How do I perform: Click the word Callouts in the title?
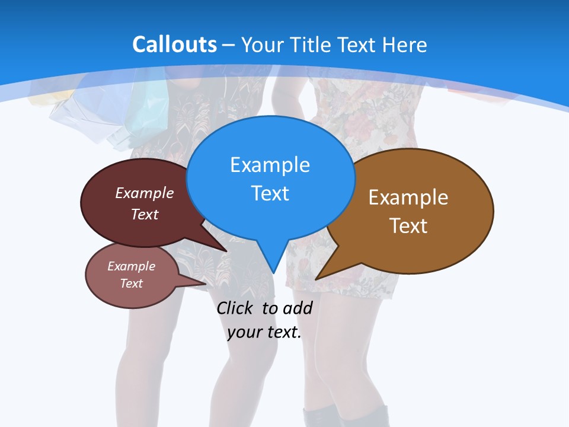tap(174, 44)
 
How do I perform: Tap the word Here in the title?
tap(405, 44)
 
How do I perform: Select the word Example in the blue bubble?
tap(270, 165)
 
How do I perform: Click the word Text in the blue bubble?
tap(270, 193)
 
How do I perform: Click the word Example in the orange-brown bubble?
tap(408, 197)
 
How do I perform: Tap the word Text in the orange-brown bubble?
tap(408, 226)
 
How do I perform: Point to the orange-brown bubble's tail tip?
tap(317, 279)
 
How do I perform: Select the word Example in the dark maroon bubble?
tap(145, 193)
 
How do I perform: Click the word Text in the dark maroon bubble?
tap(145, 214)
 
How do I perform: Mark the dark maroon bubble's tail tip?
tap(226, 251)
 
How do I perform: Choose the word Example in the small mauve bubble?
tap(132, 266)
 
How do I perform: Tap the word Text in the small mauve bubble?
tap(132, 283)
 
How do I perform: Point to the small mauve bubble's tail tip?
tap(205, 284)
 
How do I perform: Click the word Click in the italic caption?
tap(235, 308)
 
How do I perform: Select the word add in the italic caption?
tap(298, 308)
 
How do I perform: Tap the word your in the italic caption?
tap(245, 332)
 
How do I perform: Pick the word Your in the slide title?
tap(261, 44)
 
